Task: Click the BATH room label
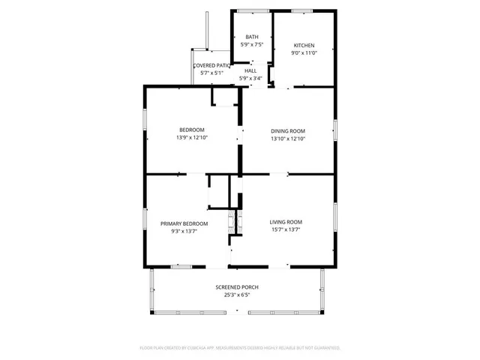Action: point(251,37)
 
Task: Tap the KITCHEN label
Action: point(304,46)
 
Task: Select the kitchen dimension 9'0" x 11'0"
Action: point(304,53)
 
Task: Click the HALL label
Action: point(250,70)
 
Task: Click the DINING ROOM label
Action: point(288,130)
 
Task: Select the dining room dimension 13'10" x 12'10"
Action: point(288,139)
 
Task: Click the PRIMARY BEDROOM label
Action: point(184,223)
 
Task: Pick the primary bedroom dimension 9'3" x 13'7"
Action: point(184,232)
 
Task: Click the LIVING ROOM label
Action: point(286,222)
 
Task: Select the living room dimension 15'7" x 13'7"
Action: point(286,230)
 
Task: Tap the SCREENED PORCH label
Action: point(237,287)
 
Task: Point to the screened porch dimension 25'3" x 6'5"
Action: point(237,295)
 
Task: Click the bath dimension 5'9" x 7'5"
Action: point(251,45)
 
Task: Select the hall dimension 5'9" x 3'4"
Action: point(250,78)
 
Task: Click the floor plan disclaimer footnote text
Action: point(240,348)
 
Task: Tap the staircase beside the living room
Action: point(233,223)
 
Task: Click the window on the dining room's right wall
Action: point(334,129)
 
